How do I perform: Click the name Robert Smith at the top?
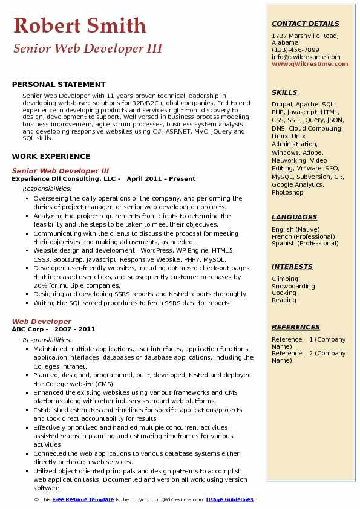(x=79, y=25)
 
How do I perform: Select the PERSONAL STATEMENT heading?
(x=59, y=85)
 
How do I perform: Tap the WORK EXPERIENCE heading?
(x=51, y=157)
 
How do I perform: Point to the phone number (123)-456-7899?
(x=295, y=50)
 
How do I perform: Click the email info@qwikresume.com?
(x=306, y=57)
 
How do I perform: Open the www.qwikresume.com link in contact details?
(x=306, y=63)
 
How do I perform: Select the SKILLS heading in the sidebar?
(x=284, y=92)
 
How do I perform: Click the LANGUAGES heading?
(x=294, y=217)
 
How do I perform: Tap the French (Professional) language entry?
(x=303, y=236)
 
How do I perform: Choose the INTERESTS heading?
(x=292, y=267)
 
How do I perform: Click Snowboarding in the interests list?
(x=293, y=286)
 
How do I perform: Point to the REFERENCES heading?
(x=296, y=327)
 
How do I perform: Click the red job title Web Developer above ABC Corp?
(x=41, y=322)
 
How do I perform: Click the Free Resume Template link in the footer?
(x=83, y=499)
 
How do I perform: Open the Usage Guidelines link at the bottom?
(x=229, y=499)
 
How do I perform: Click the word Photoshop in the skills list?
(x=287, y=192)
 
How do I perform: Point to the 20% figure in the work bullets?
(x=41, y=285)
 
